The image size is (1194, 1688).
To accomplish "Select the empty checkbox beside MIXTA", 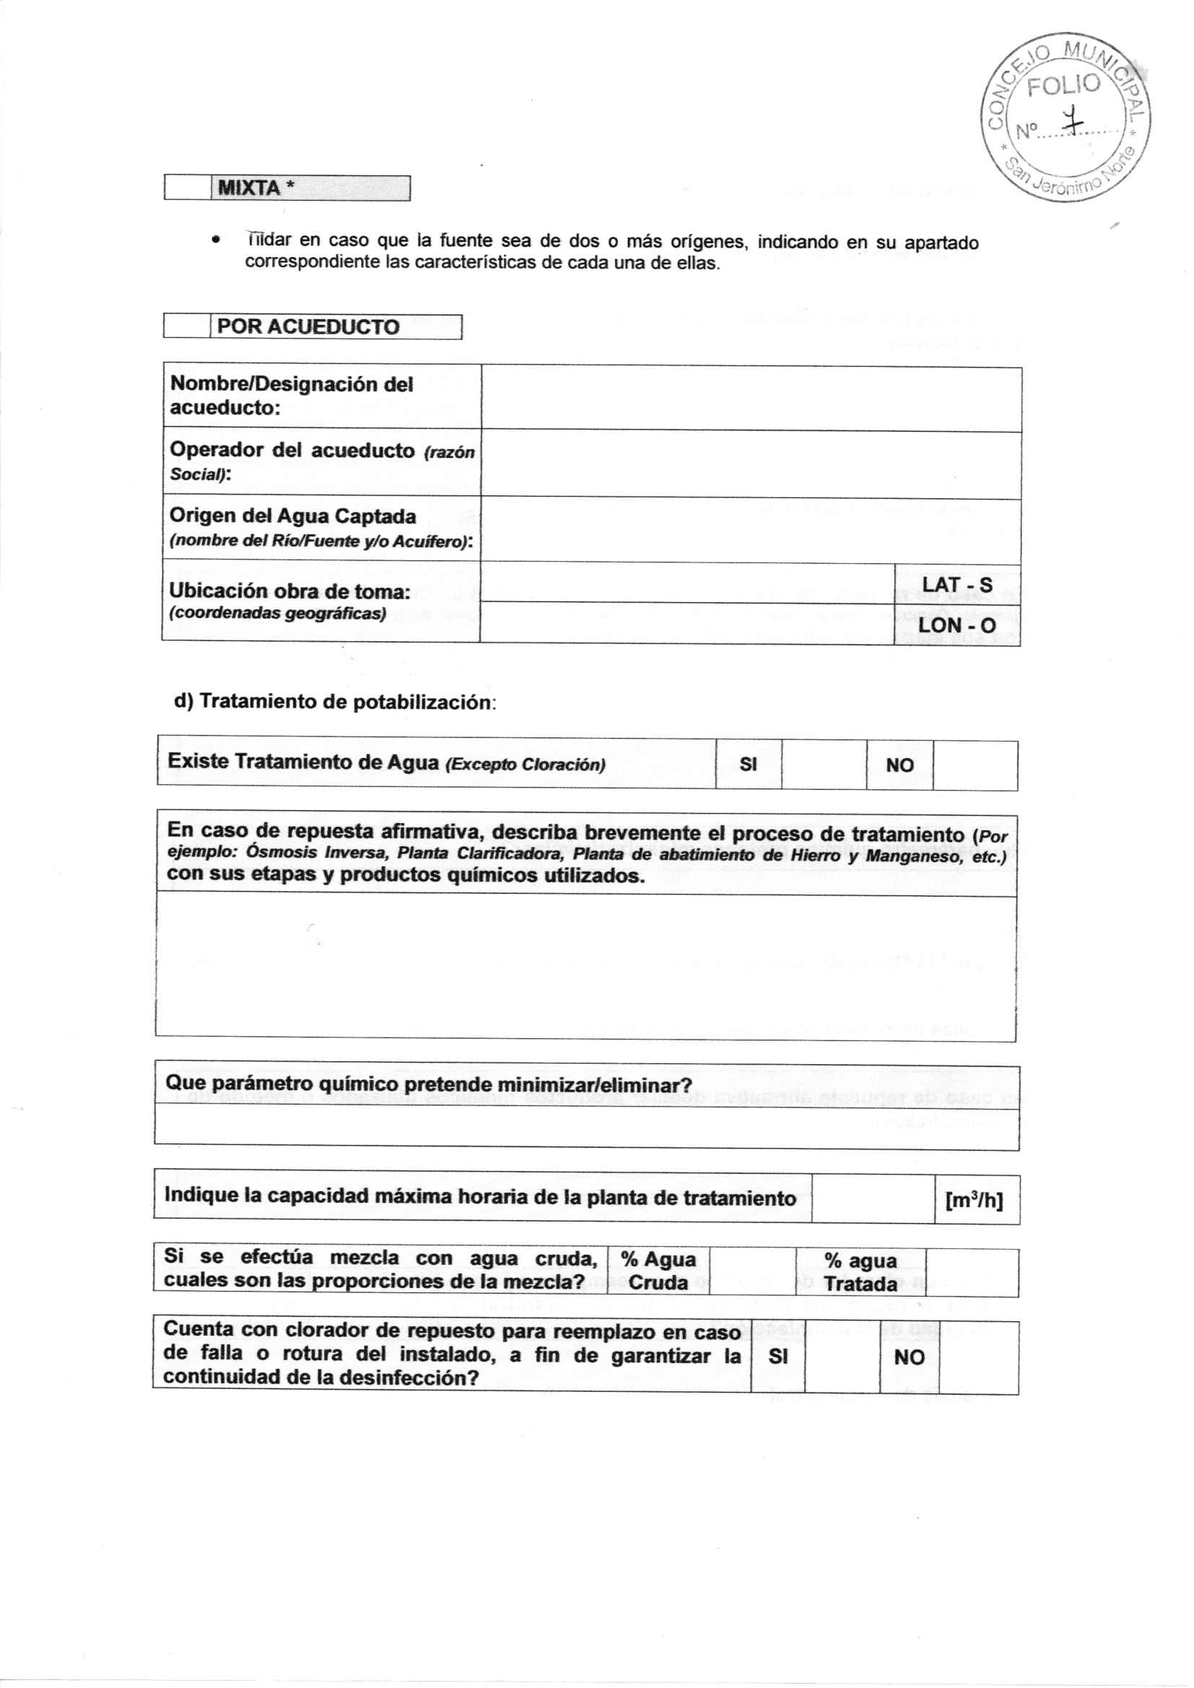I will pyautogui.click(x=188, y=188).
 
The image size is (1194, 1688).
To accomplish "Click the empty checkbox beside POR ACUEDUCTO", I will pyautogui.click(x=188, y=326).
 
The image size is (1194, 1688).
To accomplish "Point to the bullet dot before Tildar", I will pyautogui.click(x=214, y=240).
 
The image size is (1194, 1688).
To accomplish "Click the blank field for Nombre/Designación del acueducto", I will pyautogui.click(x=751, y=399).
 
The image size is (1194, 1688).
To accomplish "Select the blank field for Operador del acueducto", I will pyautogui.click(x=751, y=465).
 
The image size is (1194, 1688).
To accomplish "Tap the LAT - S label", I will pyautogui.click(x=956, y=585).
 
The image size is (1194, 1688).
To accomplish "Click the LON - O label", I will pyautogui.click(x=956, y=625).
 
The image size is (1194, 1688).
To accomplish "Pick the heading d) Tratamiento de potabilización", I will pyautogui.click(x=334, y=701).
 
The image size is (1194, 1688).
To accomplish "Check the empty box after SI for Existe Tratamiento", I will pyautogui.click(x=824, y=765).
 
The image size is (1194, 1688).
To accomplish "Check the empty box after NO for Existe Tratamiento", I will pyautogui.click(x=975, y=765).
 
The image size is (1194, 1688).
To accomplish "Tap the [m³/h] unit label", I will pyautogui.click(x=974, y=1200).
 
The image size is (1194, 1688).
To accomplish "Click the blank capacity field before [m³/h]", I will pyautogui.click(x=873, y=1198).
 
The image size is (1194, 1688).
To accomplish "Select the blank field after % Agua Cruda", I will pyautogui.click(x=752, y=1271).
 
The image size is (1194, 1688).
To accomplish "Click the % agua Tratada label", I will pyautogui.click(x=860, y=1272).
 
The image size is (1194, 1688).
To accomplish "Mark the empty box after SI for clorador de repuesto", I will pyautogui.click(x=842, y=1357).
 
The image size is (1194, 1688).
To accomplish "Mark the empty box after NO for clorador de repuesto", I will pyautogui.click(x=979, y=1357).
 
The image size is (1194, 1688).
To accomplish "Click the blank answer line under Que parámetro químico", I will pyautogui.click(x=586, y=1125).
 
